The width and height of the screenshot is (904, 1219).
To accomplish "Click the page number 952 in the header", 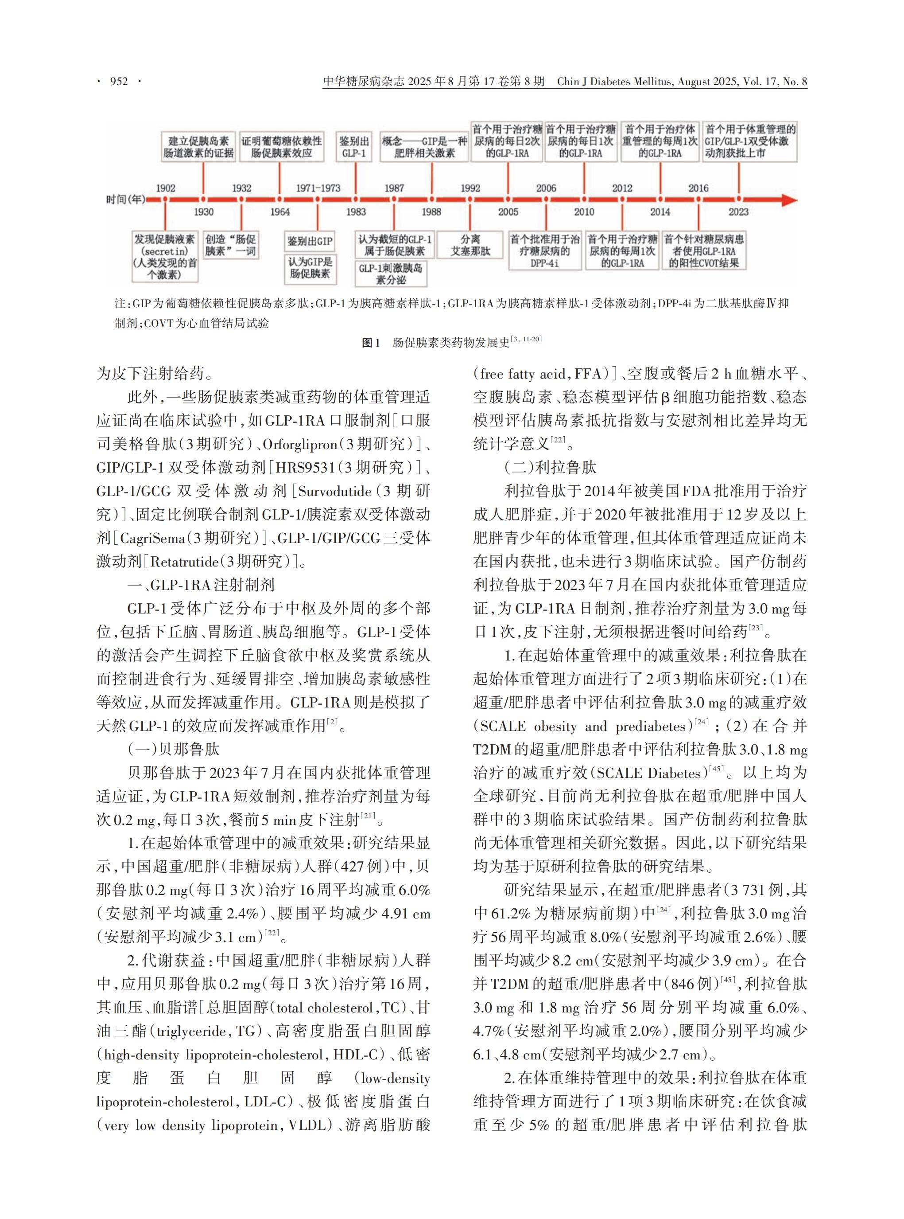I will click(119, 82).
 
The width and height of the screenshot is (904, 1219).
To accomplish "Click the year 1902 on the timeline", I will click(165, 188).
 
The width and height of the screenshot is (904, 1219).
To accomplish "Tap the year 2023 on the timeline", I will click(738, 212).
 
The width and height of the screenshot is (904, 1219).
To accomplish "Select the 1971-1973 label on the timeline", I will click(318, 188).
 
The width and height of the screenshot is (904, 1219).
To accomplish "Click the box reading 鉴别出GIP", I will click(310, 241).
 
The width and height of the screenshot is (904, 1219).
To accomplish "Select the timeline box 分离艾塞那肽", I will click(470, 245).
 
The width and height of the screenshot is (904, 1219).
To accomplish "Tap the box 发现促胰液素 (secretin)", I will click(165, 257).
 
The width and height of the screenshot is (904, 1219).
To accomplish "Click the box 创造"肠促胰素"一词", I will click(230, 245).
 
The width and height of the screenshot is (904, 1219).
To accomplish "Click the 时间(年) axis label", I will click(126, 199).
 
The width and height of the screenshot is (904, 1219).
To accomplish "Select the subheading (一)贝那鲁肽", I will click(174, 749).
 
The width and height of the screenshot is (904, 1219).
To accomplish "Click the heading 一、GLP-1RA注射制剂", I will click(201, 585).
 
